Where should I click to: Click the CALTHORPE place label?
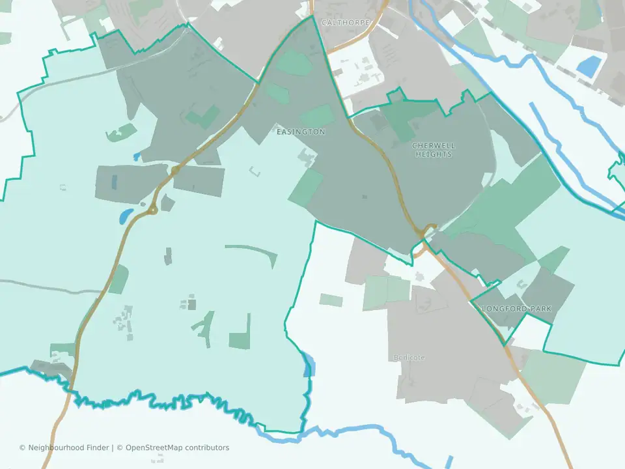346,22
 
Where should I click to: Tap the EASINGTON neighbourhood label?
301,132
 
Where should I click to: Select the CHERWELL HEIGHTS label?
434,150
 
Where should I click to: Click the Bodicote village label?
409,358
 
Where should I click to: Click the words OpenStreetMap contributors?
177,448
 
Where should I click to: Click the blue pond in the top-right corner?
590,66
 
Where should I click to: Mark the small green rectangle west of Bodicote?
331,300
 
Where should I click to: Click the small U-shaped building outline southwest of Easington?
255,172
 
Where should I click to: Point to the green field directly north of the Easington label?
316,116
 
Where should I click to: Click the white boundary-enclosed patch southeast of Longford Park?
529,333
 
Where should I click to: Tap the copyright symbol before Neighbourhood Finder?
22,448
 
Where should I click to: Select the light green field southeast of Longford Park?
555,376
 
